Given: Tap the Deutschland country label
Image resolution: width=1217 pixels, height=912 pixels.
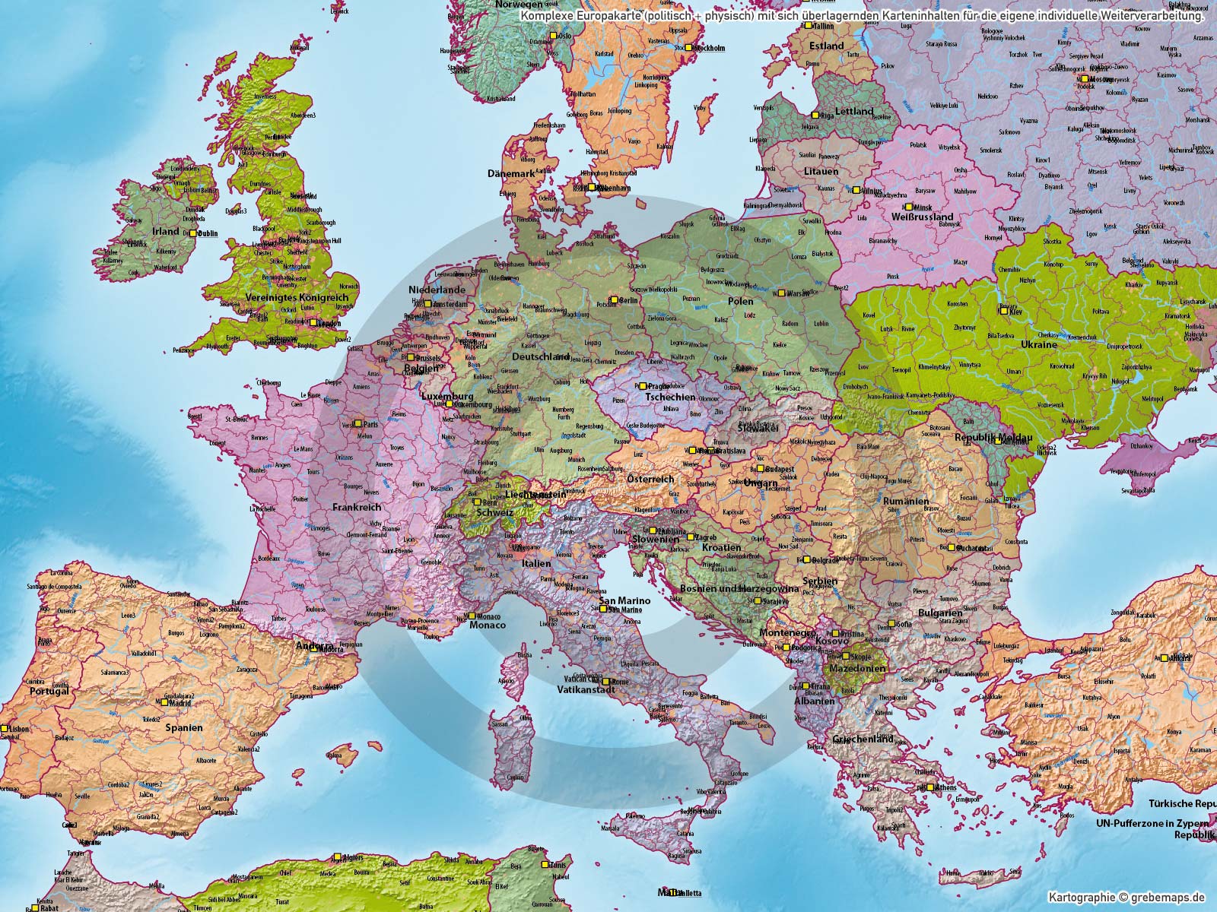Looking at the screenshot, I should pyautogui.click(x=541, y=356).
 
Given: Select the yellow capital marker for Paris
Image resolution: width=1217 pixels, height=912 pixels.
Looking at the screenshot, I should pyautogui.click(x=357, y=423).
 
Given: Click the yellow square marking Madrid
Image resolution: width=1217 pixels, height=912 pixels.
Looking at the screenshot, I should pyautogui.click(x=164, y=702).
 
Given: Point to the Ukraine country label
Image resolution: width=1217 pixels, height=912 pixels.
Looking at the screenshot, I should pyautogui.click(x=1038, y=344).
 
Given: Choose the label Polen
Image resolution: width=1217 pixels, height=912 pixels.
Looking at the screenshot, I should pyautogui.click(x=740, y=301).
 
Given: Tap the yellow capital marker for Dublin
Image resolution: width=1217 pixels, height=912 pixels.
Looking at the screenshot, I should pyautogui.click(x=193, y=233).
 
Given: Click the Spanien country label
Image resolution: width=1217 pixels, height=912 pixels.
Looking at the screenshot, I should pyautogui.click(x=185, y=727).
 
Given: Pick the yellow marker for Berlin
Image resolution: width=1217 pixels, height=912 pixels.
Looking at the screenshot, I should pyautogui.click(x=613, y=300).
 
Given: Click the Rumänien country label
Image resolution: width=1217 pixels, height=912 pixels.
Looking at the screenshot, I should pyautogui.click(x=905, y=502).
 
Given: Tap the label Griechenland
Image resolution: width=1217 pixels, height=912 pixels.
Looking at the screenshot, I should pyautogui.click(x=863, y=738).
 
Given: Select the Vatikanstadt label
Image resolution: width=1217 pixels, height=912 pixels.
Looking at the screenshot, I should pyautogui.click(x=586, y=691).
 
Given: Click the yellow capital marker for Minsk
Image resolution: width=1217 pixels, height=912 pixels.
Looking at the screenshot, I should pyautogui.click(x=907, y=207).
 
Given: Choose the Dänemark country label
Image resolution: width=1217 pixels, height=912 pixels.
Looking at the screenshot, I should pyautogui.click(x=512, y=173).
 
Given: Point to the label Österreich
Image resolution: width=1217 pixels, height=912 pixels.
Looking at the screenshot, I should pyautogui.click(x=650, y=479).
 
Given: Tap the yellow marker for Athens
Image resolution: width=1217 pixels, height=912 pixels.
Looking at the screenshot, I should pyautogui.click(x=930, y=787).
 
